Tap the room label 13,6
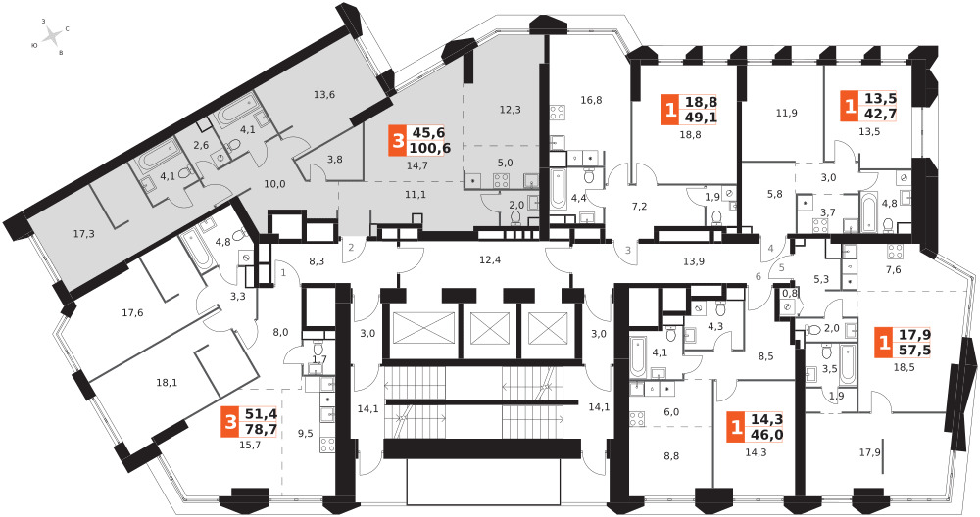(324, 95)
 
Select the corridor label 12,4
(490, 259)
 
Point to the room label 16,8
(590, 99)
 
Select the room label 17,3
(84, 235)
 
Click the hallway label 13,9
(694, 260)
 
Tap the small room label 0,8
(790, 292)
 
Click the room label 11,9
(786, 113)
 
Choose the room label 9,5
(306, 433)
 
